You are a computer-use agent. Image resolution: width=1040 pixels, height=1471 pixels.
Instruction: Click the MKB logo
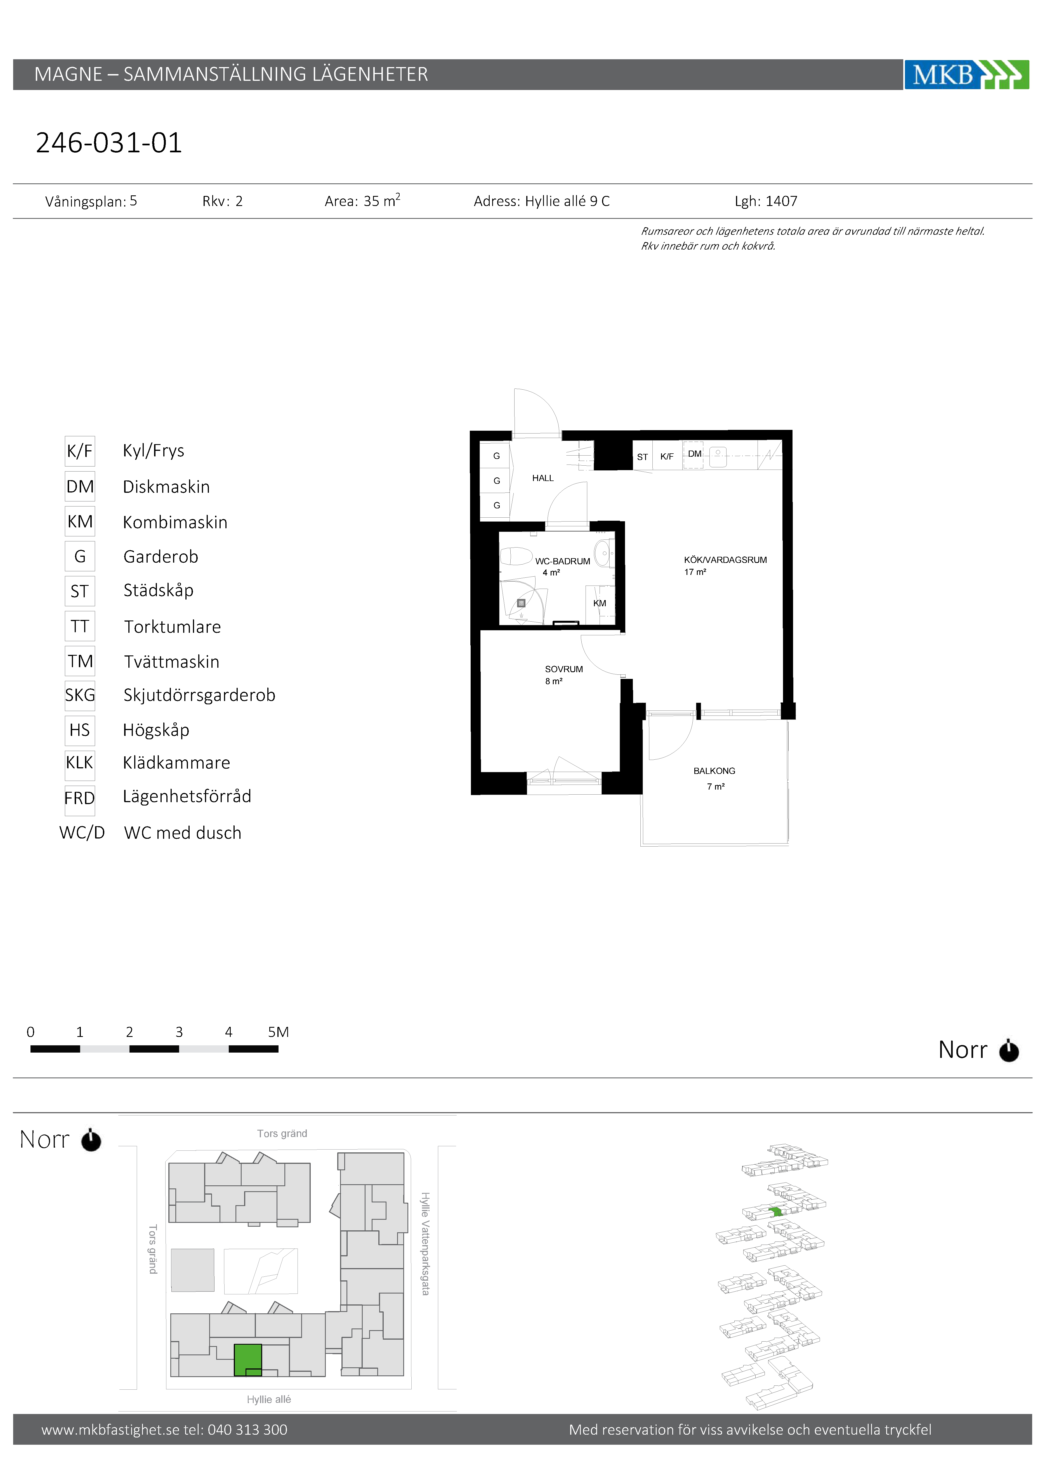point(966,74)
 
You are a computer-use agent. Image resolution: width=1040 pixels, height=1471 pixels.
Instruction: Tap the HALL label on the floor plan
point(543,478)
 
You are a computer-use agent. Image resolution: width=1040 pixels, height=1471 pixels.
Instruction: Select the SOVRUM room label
point(563,669)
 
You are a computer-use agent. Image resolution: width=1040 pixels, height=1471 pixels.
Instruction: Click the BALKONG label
point(714,771)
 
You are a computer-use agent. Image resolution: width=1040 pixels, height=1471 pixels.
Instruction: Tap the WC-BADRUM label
point(562,561)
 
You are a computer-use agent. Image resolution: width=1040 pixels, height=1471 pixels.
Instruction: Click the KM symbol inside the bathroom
point(600,603)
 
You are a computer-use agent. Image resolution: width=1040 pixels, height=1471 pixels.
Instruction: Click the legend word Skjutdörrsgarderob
point(199,695)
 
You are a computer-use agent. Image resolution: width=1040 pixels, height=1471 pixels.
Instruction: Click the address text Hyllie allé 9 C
point(567,201)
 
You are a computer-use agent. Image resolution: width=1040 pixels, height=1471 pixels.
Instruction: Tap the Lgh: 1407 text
point(766,201)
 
